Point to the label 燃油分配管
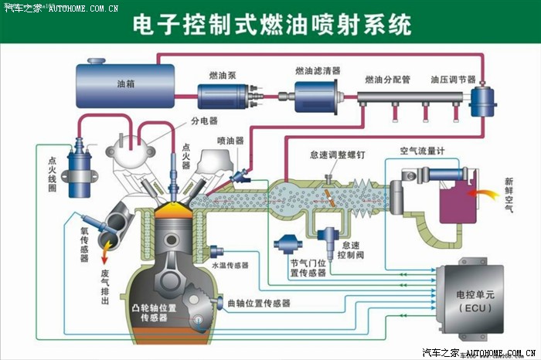[387, 80]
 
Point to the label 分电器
[204, 121]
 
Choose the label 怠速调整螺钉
[336, 155]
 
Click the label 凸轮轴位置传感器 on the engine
[155, 313]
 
